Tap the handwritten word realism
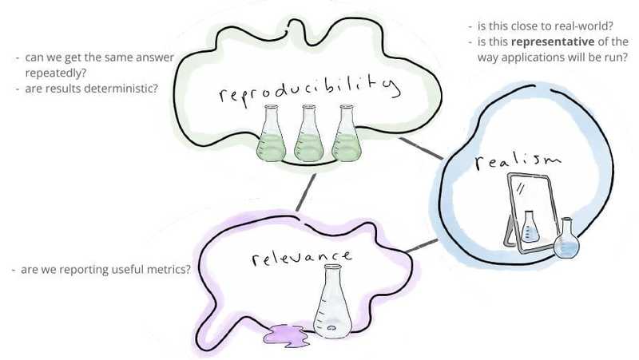coord(518,161)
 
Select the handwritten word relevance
coord(302,258)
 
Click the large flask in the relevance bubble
coord(332,302)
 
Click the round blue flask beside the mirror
coord(566,239)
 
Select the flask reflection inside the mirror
coord(530,227)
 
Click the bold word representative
coord(553,42)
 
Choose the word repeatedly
coord(56,73)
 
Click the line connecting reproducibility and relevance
coord(306,192)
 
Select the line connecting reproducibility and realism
coord(421,148)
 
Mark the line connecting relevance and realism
coord(422,246)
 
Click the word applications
coord(530,57)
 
